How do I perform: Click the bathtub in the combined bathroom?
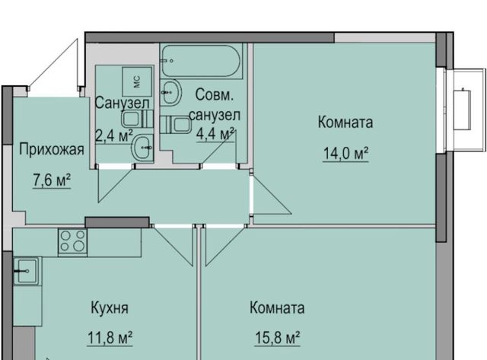(x=201, y=61)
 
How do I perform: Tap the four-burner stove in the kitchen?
(x=73, y=242)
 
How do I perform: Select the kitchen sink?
(x=26, y=271)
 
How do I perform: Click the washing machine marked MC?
(x=137, y=81)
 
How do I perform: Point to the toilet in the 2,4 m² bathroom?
(x=137, y=119)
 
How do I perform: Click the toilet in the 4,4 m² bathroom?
(x=176, y=125)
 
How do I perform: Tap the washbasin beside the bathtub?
(x=170, y=91)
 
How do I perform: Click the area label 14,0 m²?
(x=345, y=154)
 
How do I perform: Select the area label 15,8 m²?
(x=277, y=338)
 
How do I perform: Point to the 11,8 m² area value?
(x=110, y=338)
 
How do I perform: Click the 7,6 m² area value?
(x=52, y=180)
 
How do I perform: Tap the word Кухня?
(x=110, y=308)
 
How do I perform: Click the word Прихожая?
(x=52, y=149)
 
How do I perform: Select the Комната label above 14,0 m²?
(x=345, y=122)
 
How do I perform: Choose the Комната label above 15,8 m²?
(x=277, y=307)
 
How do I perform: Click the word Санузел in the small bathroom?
(x=122, y=103)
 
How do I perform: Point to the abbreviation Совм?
(x=215, y=94)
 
